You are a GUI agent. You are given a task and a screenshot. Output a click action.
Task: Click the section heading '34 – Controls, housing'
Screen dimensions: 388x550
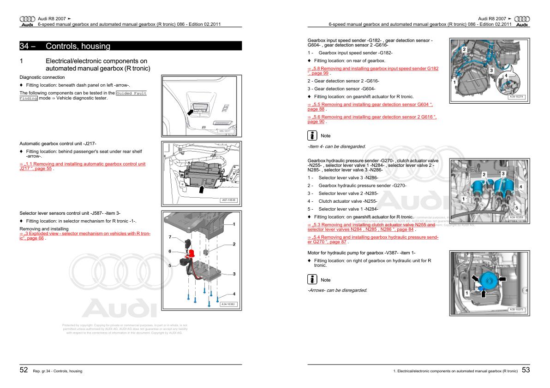pyautogui.click(x=78, y=46)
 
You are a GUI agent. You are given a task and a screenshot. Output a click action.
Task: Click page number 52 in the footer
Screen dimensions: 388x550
pyautogui.click(x=24, y=370)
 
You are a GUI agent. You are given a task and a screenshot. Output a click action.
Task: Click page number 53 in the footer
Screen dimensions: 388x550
pyautogui.click(x=526, y=370)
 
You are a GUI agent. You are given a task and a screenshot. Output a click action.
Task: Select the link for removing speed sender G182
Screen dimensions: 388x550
pyautogui.click(x=373, y=71)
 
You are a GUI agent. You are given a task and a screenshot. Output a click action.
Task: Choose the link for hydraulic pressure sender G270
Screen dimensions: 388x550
pyautogui.click(x=373, y=239)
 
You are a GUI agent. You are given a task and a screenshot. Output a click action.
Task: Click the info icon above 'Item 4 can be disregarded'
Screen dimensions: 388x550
pyautogui.click(x=312, y=135)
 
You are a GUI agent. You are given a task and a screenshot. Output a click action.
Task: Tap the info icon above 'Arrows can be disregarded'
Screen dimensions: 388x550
pyautogui.click(x=312, y=280)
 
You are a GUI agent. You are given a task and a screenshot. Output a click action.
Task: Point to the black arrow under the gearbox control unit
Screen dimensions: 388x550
pyautogui.click(x=202, y=188)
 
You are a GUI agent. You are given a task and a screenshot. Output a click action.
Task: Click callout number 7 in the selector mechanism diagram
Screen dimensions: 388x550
pyautogui.click(x=170, y=237)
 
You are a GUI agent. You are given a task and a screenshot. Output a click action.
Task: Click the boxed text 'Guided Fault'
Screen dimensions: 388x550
pyautogui.click(x=131, y=93)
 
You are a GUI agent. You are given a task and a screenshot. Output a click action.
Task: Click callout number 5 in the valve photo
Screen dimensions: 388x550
pyautogui.click(x=516, y=208)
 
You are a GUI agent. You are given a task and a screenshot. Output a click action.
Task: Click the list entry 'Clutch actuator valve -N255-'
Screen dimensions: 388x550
pyautogui.click(x=347, y=201)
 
